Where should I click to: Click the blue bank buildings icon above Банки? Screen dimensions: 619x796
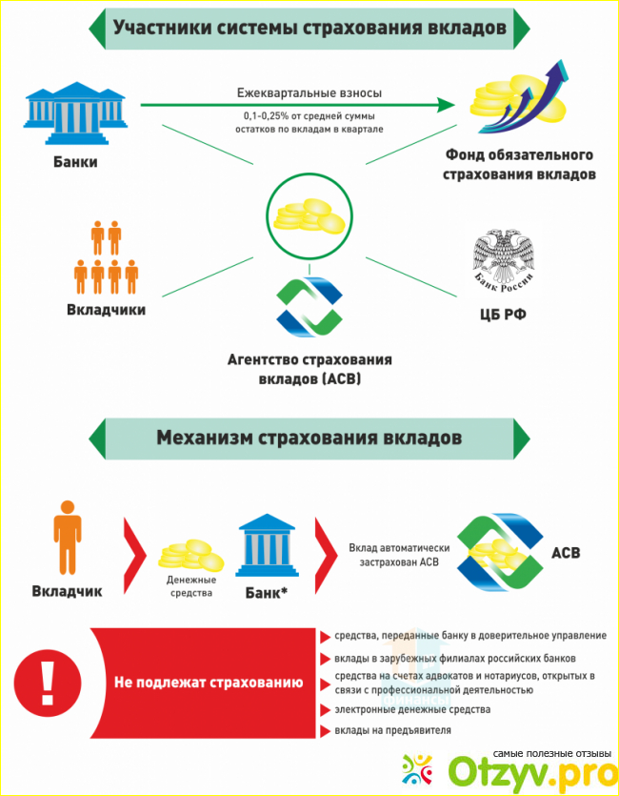pyautogui.click(x=75, y=112)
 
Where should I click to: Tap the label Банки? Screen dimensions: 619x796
pyautogui.click(x=75, y=162)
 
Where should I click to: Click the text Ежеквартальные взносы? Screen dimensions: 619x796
pyautogui.click(x=309, y=92)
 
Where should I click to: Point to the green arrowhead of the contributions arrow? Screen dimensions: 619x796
pyautogui.click(x=446, y=105)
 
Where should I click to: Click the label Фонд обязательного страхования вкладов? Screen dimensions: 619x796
pyautogui.click(x=519, y=165)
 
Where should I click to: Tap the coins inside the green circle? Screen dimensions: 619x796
pyautogui.click(x=309, y=214)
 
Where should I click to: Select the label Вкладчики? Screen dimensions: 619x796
pyautogui.click(x=107, y=310)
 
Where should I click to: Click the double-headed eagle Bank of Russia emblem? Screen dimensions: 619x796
pyautogui.click(x=503, y=263)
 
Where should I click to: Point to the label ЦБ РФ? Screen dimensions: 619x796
pyautogui.click(x=503, y=315)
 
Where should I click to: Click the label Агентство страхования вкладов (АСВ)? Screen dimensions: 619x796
pyautogui.click(x=309, y=370)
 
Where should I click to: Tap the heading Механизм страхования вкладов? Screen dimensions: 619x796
pyautogui.click(x=309, y=438)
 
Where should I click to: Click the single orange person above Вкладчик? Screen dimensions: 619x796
pyautogui.click(x=68, y=537)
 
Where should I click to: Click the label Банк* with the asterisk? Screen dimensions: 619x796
pyautogui.click(x=267, y=592)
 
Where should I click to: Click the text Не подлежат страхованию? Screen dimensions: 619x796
pyautogui.click(x=209, y=683)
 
